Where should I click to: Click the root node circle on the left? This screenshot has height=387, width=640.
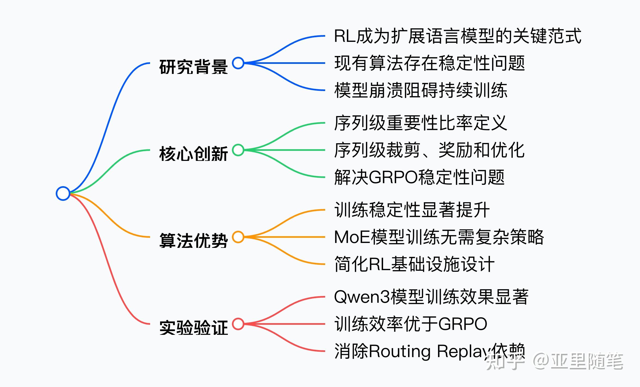click(63, 193)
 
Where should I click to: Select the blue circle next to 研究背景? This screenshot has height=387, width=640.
click(238, 63)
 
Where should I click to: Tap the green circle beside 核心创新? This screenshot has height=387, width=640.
click(238, 150)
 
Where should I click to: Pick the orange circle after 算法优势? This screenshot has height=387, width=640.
click(238, 237)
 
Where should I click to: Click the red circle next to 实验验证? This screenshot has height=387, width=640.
click(238, 324)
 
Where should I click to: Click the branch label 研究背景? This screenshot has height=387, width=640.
click(193, 67)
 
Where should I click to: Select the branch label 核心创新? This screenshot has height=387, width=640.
click(193, 154)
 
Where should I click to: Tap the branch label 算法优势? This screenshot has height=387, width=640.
click(193, 241)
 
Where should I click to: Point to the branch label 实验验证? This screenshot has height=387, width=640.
click(193, 327)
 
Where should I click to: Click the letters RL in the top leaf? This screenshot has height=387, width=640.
click(344, 36)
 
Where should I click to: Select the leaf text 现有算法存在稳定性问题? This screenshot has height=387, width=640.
click(429, 63)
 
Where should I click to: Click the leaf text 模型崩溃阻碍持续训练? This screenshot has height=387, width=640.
click(421, 90)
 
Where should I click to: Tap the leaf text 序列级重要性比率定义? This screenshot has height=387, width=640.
click(421, 123)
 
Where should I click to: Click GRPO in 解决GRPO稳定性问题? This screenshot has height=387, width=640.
click(393, 177)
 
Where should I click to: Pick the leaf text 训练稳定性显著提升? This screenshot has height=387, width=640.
click(412, 210)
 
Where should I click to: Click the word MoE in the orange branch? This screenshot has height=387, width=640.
click(352, 237)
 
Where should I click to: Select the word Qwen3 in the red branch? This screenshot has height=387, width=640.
click(362, 297)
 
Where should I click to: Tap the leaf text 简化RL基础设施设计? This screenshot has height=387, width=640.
click(414, 264)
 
